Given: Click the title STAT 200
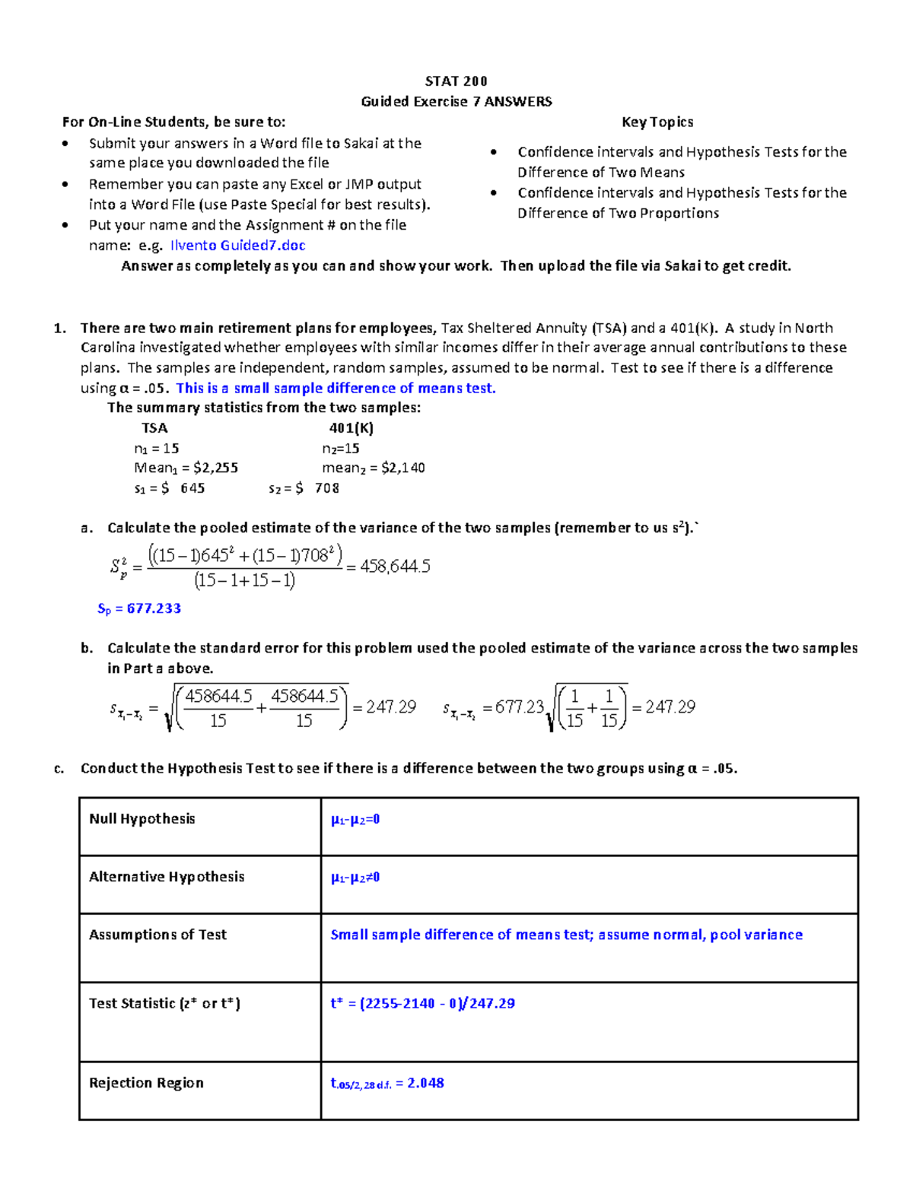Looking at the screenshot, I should point(456,81).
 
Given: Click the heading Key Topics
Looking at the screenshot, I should point(657,122).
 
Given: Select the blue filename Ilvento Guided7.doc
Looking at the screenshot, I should point(237,245).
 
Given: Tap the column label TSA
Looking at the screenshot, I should point(154,427).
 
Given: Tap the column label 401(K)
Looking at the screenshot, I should point(351,427).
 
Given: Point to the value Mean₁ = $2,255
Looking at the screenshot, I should point(186,468).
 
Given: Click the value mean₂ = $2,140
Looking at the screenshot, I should point(373,468).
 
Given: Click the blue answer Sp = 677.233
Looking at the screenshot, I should point(139,608).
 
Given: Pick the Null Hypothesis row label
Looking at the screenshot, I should point(142,819).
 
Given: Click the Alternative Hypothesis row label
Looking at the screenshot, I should point(167,877).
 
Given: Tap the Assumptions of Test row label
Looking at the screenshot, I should point(157,935).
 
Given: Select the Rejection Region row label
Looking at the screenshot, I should point(146,1083).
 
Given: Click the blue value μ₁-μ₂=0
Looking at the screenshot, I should point(355,820).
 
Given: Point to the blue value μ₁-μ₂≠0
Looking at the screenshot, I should point(355,878).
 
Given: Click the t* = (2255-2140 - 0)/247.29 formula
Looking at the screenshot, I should point(422,1004).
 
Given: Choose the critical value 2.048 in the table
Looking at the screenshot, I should point(425,1083).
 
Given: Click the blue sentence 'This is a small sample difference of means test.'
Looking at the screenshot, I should point(336,388).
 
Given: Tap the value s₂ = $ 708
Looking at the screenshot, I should point(304,488).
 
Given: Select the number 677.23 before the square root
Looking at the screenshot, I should point(519,707).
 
